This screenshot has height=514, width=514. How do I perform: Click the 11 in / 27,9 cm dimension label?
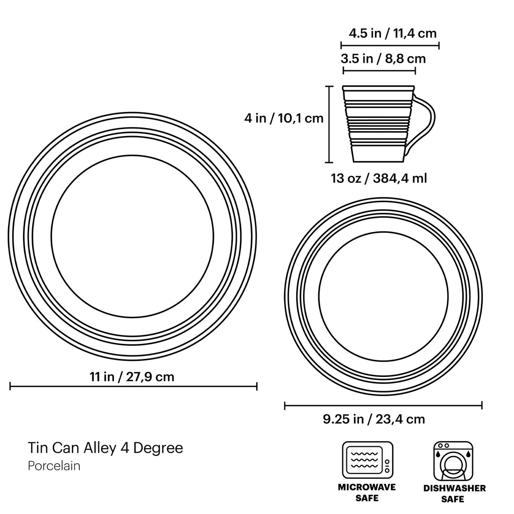[x=132, y=376]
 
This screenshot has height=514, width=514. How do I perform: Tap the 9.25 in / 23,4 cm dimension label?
[x=374, y=419]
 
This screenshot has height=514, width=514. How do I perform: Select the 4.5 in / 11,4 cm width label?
[x=393, y=34]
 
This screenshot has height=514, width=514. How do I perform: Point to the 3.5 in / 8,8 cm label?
[x=383, y=59]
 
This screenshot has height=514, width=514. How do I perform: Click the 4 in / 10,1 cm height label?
[x=284, y=118]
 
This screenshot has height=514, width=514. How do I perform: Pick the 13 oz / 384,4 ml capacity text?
[x=379, y=178]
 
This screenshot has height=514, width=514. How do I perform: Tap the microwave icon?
[x=367, y=460]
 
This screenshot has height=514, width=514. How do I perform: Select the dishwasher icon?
[x=453, y=460]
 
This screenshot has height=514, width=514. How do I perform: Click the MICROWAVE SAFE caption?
[x=367, y=492]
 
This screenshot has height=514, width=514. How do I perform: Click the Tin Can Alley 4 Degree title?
[x=105, y=448]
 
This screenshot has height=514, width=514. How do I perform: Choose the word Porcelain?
[x=54, y=466]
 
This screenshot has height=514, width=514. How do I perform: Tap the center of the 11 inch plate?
[x=133, y=236]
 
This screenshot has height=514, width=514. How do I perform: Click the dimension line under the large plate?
[x=133, y=386]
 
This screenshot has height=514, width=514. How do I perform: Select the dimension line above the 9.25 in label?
[x=383, y=406]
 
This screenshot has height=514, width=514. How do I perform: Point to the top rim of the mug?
[x=379, y=87]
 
